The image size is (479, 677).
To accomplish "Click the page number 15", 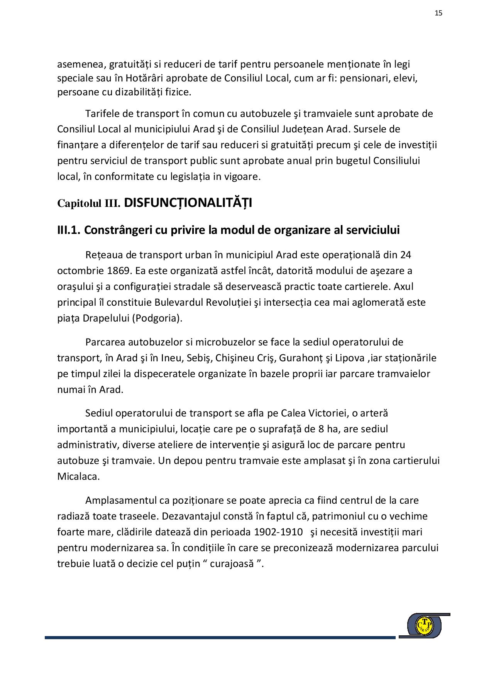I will (x=438, y=13).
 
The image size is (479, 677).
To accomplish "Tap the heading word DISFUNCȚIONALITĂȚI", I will (x=188, y=203).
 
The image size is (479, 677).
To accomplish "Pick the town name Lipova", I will (x=349, y=358).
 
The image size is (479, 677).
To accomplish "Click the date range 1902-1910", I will (x=278, y=532).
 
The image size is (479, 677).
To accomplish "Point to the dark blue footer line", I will (x=220, y=638).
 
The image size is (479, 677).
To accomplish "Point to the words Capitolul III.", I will (x=89, y=203).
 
